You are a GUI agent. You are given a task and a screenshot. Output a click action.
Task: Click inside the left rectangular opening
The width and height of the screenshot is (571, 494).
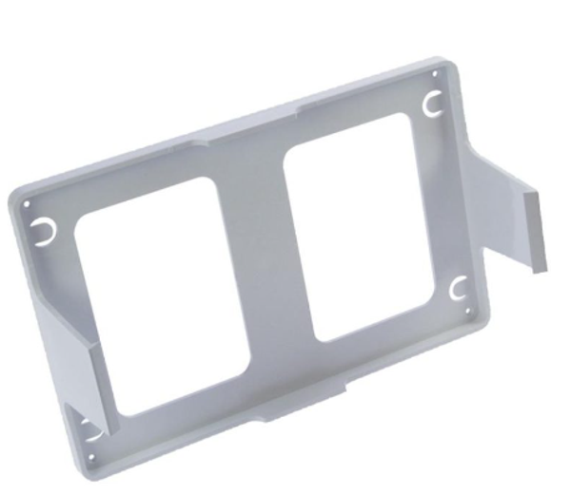(162, 294)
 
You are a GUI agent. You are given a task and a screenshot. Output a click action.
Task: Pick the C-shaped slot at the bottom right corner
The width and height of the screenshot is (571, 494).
(457, 286)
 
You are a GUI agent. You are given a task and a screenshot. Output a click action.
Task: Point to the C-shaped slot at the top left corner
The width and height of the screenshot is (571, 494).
(42, 229)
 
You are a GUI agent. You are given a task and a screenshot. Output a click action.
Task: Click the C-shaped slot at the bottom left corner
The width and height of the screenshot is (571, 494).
(89, 426)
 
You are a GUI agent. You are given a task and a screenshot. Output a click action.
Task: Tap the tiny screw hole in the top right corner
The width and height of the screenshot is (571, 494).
(436, 73)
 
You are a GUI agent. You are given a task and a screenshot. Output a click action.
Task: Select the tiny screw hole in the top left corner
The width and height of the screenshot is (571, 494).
(27, 203)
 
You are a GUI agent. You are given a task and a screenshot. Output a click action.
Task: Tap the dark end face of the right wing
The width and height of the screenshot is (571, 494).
(535, 228)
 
